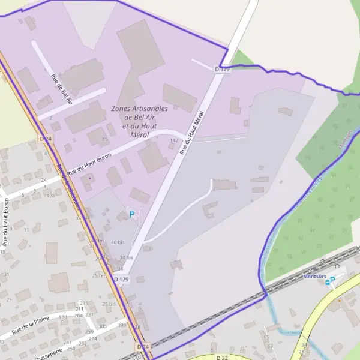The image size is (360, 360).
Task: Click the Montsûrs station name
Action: click(314, 276)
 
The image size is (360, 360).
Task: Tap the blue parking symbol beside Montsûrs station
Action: click(332, 280)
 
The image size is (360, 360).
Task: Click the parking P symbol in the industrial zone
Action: click(132, 213)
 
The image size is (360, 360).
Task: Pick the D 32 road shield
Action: click(222, 357)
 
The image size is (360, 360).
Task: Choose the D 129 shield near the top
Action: click(222, 70)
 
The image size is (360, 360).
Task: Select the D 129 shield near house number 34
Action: click(122, 280)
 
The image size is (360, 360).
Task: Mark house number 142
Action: click(174, 140)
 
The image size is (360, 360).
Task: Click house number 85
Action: click(105, 139)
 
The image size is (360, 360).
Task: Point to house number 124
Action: click(42, 180)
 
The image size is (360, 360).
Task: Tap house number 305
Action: click(103, 326)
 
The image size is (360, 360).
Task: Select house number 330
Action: click(122, 325)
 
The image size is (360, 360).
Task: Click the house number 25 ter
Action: click(99, 275)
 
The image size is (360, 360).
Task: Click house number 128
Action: click(51, 196)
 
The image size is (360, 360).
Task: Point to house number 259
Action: click(89, 332)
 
